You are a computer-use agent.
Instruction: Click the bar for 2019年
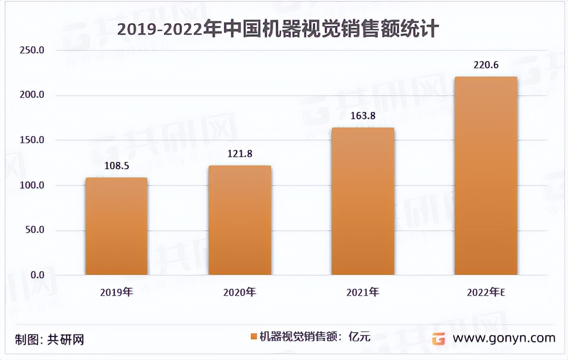point(116,226)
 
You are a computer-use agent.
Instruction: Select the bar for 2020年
point(240,220)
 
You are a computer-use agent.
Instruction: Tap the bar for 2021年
point(363,201)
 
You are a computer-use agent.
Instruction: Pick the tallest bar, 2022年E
point(486,176)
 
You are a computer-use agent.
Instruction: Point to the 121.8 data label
point(240,154)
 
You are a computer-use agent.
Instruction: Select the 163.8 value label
point(363,116)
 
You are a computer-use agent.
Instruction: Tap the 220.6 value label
point(486,65)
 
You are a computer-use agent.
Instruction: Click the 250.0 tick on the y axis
point(31,50)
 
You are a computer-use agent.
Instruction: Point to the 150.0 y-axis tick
point(31,140)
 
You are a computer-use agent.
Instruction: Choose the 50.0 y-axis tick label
point(33,230)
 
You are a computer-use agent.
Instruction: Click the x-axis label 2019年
point(116,292)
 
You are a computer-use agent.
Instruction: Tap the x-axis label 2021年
point(363,292)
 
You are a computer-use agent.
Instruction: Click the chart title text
point(278,29)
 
